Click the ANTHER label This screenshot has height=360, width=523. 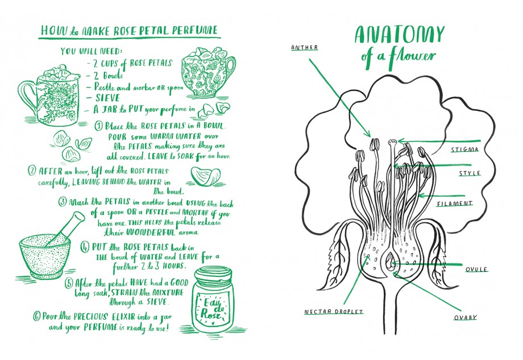click(304, 47)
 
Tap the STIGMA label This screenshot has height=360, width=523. click(465, 150)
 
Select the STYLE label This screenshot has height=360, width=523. click(470, 173)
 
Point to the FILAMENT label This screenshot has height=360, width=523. click(455, 203)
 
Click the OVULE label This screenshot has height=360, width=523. click(476, 269)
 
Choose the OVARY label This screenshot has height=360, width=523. click(465, 317)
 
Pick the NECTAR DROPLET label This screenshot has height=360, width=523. click(334, 312)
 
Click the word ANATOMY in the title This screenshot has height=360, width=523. click(399, 35)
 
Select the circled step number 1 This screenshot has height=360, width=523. click(99, 126)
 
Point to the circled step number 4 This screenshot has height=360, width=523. click(85, 247)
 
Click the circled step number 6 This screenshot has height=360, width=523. click(36, 316)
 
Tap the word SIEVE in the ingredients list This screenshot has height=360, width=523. click(107, 98)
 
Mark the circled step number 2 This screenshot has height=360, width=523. click(32, 171)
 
